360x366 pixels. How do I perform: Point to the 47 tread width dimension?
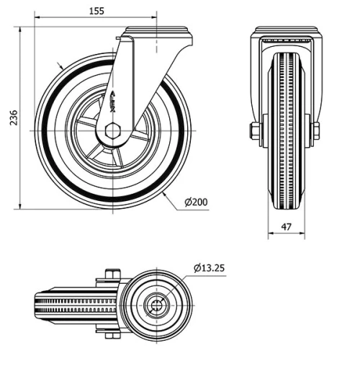286,226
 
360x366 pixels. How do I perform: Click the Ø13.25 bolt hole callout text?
209,267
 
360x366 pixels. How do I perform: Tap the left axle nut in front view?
256,132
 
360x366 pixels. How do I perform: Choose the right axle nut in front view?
315,132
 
